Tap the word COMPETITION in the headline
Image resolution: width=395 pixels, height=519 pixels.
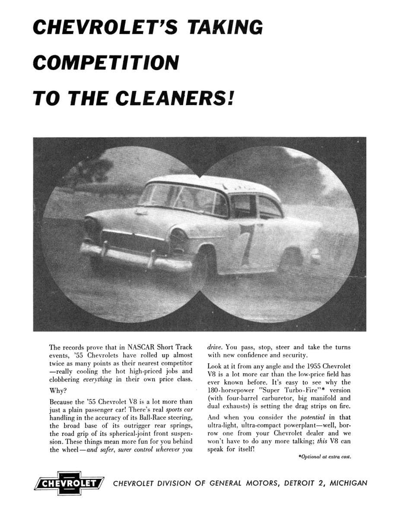tap(106, 62)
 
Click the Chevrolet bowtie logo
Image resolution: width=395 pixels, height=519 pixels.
tap(69, 483)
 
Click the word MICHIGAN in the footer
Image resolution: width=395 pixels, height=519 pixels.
tap(348, 483)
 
